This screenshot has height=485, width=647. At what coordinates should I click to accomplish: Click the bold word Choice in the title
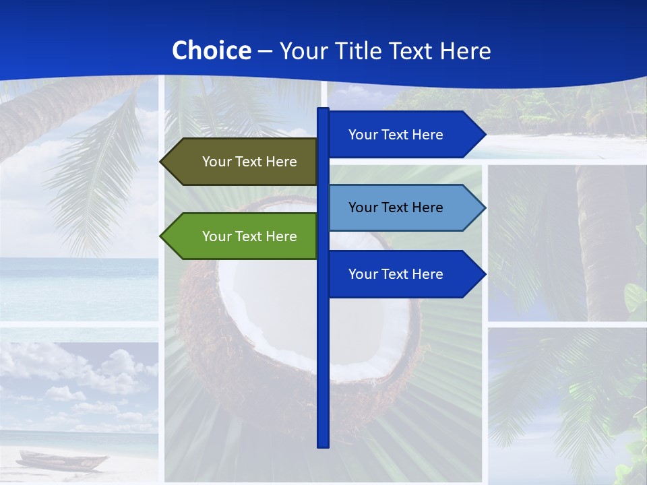211,51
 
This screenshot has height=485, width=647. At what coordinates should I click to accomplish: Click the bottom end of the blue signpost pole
323,445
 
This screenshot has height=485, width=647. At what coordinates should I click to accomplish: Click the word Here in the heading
465,51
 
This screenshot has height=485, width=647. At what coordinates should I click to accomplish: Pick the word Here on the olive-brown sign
281,162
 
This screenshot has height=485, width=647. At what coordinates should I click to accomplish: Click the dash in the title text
265,51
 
